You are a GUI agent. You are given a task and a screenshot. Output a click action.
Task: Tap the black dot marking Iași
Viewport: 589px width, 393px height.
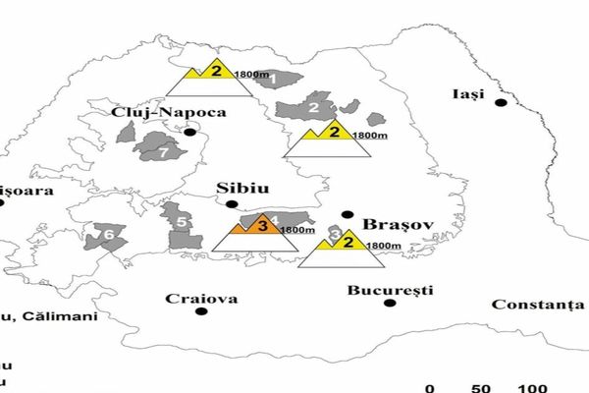(501, 102)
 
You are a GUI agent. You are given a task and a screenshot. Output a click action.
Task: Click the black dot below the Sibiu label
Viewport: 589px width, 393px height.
(232, 204)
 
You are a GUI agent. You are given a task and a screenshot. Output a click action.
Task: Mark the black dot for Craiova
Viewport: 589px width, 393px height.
(201, 311)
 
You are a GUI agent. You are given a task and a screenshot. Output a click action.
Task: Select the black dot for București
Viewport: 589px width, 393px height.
(390, 304)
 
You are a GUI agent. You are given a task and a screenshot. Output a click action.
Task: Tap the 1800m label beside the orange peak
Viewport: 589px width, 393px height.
(298, 230)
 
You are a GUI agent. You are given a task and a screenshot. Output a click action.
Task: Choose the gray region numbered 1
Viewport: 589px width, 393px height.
(275, 77)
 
